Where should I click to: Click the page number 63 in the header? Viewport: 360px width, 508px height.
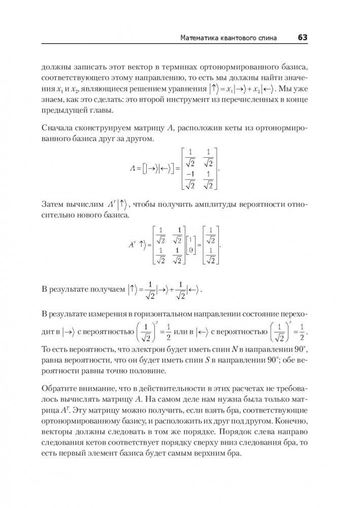click(x=303, y=38)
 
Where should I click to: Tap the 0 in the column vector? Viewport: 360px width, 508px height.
click(x=190, y=249)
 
